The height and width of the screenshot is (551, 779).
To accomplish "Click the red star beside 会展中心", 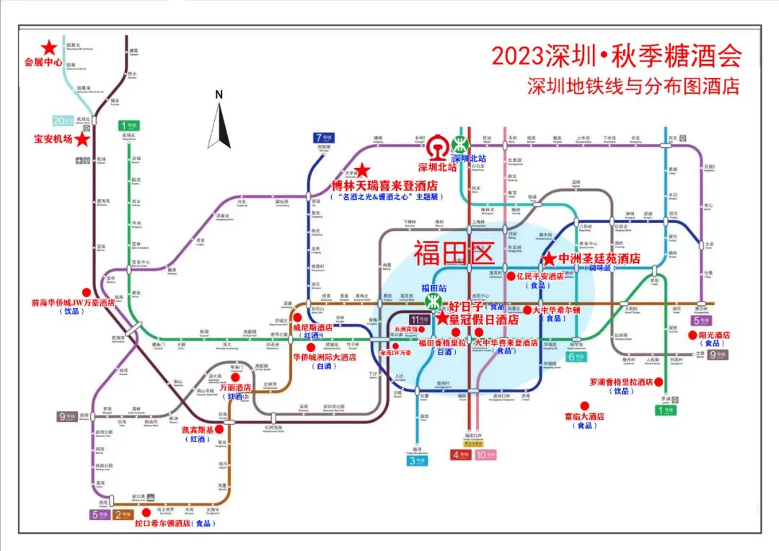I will coord(49,48).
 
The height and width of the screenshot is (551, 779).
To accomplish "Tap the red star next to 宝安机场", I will coord(83,138).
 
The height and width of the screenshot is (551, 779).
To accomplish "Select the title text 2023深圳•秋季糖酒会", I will coord(616,56).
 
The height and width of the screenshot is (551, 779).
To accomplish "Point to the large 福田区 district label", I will coord(452,253).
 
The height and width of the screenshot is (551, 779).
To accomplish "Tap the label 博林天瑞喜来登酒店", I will coord(384,185).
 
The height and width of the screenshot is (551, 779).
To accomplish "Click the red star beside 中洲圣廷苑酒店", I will coord(548,258).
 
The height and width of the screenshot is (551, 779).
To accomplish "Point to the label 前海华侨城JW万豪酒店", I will coord(73,304).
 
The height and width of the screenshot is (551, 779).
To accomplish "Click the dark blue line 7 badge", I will coord(323,137).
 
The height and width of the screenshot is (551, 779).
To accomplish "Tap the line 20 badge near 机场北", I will coord(63,120).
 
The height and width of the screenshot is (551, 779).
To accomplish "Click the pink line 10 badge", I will coord(485,455).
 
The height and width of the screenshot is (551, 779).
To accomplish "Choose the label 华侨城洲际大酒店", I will coord(324,356).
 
